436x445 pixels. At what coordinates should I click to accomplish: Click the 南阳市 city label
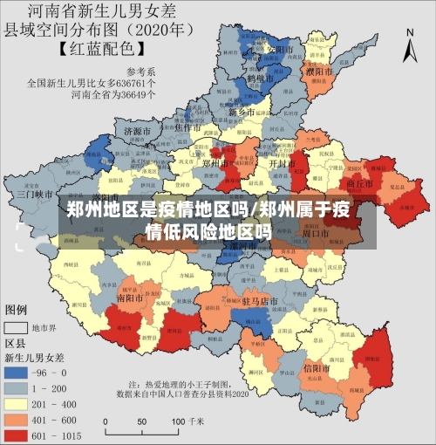click(x=131, y=297)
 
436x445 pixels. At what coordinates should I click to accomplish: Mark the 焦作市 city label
click(x=189, y=127)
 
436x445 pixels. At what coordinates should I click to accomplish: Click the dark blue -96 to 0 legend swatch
click(x=17, y=372)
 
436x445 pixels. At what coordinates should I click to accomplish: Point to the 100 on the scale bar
click(x=177, y=430)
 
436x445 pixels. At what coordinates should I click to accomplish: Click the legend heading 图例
click(x=17, y=309)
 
